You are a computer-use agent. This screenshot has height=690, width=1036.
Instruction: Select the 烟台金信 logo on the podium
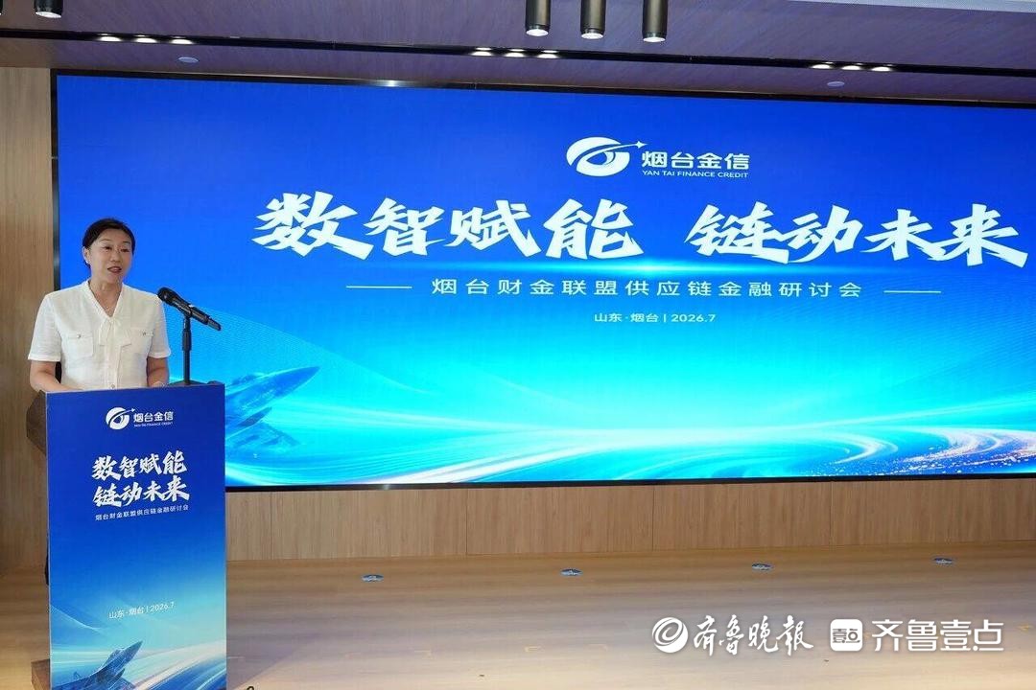point(139,417)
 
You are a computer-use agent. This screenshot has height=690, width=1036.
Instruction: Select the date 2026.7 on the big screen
point(694,317)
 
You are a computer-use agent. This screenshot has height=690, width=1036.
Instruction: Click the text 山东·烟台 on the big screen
point(626,317)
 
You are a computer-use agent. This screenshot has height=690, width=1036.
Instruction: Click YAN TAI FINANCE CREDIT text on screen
point(695,174)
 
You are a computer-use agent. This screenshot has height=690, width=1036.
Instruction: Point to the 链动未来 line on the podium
point(141,492)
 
